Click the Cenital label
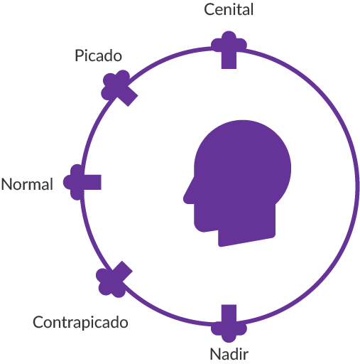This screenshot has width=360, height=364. tap(229, 10)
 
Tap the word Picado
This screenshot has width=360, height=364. tap(98, 55)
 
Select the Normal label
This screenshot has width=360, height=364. tap(27, 185)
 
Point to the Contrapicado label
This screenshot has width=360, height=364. tap(80, 323)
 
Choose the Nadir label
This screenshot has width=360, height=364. tap(229, 353)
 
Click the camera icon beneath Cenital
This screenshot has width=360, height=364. tap(229, 48)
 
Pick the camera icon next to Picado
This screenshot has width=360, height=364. tap(119, 88)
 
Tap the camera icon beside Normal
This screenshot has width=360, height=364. tap(82, 181)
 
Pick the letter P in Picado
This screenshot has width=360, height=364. tap(79, 55)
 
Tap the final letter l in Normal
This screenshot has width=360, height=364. tap(51, 185)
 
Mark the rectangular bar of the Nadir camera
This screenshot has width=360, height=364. tap(229, 314)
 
